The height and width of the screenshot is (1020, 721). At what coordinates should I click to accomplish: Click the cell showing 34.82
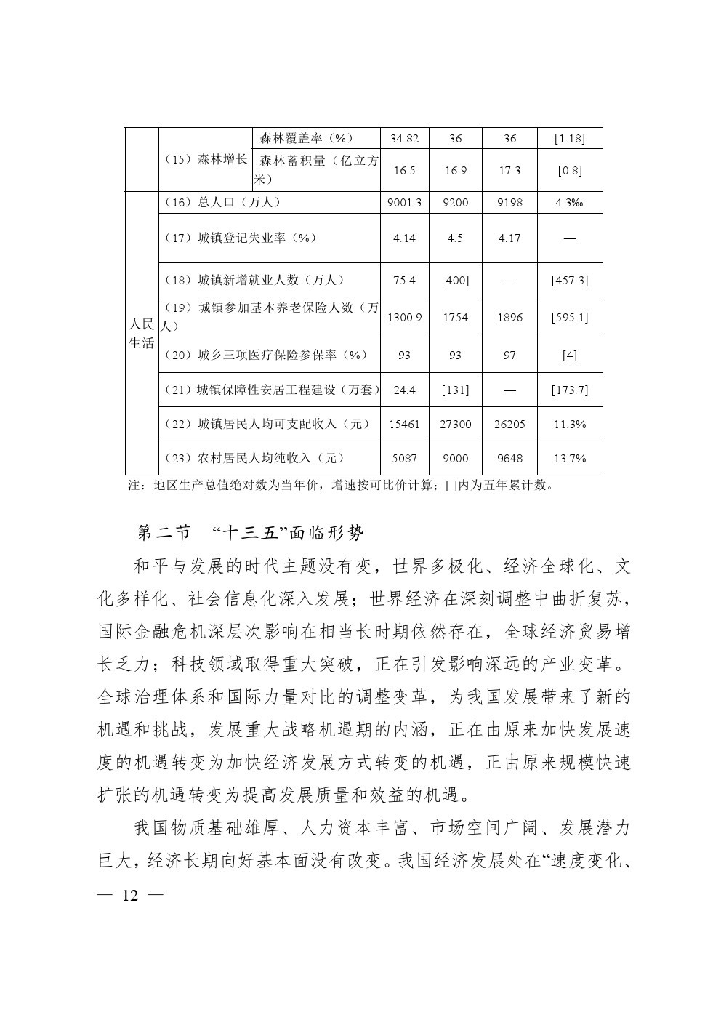click(404, 138)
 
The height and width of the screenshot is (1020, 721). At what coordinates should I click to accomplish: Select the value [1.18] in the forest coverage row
click(569, 138)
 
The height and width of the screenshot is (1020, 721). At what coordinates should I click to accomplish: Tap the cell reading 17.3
click(509, 171)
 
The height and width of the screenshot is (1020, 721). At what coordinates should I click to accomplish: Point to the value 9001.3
click(404, 203)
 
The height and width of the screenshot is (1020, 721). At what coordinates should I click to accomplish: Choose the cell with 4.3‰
click(569, 203)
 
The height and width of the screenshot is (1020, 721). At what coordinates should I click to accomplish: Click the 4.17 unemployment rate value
click(509, 238)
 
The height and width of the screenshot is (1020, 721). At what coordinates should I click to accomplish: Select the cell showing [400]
click(455, 280)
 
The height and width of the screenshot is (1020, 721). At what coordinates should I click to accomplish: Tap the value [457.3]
click(569, 280)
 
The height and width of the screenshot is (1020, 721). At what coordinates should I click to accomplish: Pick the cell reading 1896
click(509, 317)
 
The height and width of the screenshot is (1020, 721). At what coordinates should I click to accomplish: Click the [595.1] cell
click(569, 317)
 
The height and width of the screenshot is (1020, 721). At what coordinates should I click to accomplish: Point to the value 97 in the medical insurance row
click(509, 356)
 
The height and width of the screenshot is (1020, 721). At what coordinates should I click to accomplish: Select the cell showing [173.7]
click(569, 390)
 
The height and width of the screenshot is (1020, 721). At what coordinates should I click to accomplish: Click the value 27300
click(455, 425)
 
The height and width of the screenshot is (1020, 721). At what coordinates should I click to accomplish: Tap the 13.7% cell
click(569, 459)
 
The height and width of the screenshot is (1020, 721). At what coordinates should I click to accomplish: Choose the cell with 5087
click(404, 459)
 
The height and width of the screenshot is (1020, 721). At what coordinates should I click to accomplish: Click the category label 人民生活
click(142, 334)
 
